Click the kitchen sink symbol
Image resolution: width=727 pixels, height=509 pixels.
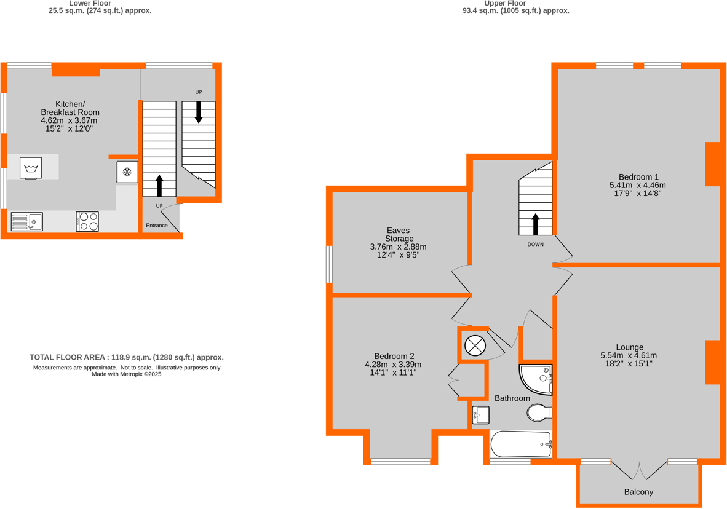click(26, 221)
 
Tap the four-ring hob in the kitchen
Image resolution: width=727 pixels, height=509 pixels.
click(87, 221)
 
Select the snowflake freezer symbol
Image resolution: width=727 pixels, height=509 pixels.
click(127, 172)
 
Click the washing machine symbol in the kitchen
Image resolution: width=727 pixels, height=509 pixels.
click(31, 168)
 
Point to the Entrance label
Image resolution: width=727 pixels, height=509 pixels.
click(157, 226)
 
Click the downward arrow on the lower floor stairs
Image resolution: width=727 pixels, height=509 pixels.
click(199, 112)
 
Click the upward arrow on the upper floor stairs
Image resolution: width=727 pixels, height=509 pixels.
click(535, 224)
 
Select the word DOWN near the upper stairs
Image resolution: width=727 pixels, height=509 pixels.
click(535, 245)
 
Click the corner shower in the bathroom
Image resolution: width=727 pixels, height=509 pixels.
click(537, 379)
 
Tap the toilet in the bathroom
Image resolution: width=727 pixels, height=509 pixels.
click(539, 413)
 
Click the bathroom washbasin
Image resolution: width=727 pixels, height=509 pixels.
click(481, 416)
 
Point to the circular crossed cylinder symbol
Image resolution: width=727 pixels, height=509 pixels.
click(475, 345)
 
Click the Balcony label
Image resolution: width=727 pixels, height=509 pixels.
click(638, 492)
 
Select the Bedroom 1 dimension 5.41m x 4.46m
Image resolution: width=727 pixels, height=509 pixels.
click(637, 185)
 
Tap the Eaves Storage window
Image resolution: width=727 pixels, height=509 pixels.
click(330, 264)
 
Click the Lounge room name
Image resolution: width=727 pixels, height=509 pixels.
click(630, 347)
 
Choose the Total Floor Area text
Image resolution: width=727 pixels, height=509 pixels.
click(127, 357)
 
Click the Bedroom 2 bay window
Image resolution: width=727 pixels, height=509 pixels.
click(401, 461)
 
